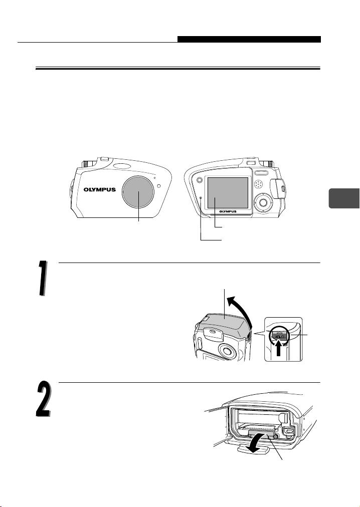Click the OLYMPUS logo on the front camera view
[x=100, y=190]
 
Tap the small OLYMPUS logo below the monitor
[x=228, y=211]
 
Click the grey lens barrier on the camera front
[x=138, y=192]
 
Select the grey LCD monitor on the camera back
[x=228, y=193]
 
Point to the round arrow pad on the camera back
[x=264, y=203]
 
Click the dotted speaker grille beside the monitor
[x=258, y=184]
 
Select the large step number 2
[x=43, y=399]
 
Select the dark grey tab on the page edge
[x=344, y=198]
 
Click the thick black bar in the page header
[x=249, y=39]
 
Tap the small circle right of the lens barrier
[x=158, y=185]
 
